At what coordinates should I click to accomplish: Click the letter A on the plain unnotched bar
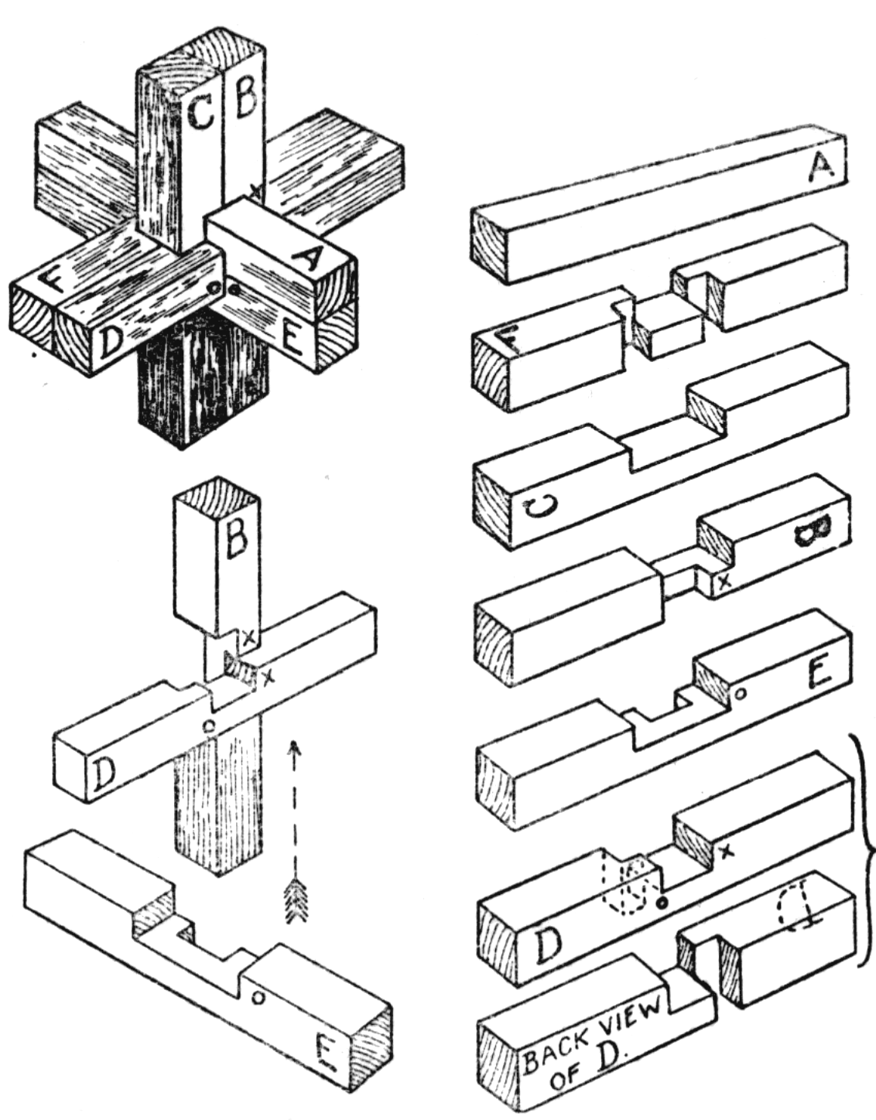(820, 167)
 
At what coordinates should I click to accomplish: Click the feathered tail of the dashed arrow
(293, 899)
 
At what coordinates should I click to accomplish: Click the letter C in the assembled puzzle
(200, 114)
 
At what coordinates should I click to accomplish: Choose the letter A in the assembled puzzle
(306, 259)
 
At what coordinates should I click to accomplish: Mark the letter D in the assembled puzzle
(108, 341)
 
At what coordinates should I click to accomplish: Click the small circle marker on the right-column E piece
(740, 693)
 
